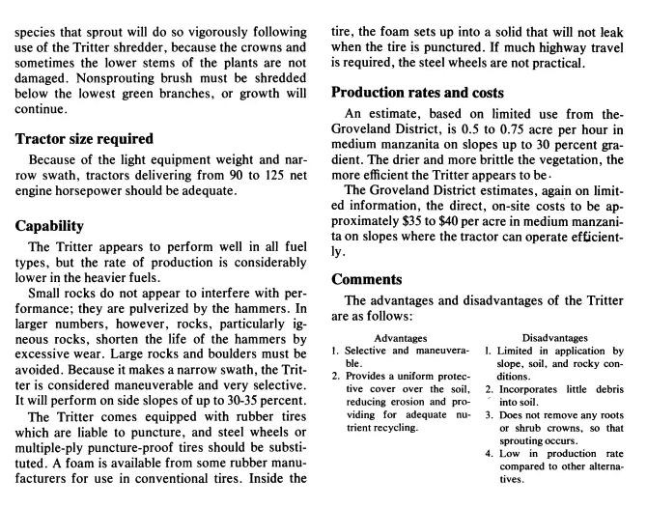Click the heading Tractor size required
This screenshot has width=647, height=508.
click(x=85, y=138)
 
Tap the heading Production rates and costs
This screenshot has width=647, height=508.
click(x=417, y=93)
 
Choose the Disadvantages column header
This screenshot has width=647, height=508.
click(x=559, y=338)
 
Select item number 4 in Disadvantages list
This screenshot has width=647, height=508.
click(x=489, y=453)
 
